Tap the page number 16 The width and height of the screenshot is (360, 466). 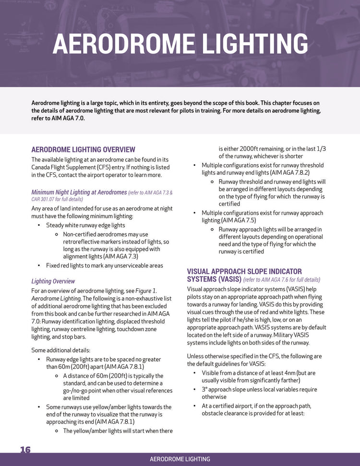click(25, 450)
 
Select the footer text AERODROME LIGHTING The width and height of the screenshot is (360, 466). click(180, 459)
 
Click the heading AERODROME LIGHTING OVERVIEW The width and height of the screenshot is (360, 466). click(83, 150)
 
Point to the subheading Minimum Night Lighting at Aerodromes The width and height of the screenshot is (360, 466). click(79, 192)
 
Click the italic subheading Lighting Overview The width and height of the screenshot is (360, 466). click(53, 281)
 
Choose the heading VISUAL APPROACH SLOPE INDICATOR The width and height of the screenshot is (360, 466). click(244, 271)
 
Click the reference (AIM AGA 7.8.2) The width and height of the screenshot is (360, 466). click(287, 172)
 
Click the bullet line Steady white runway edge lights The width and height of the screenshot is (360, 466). click(85, 225)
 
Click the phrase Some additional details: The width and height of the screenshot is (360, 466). click(60, 350)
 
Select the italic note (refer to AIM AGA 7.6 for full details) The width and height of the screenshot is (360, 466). click(281, 280)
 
